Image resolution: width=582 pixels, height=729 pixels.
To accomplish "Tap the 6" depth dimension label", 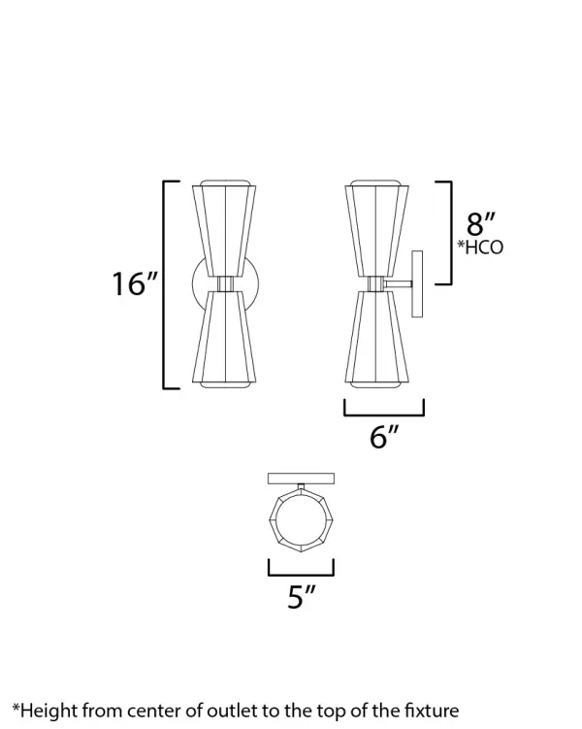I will (x=384, y=438).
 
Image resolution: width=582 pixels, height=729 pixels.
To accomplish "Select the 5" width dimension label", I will (x=302, y=597).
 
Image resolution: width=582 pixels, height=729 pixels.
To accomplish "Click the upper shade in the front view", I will (x=225, y=228).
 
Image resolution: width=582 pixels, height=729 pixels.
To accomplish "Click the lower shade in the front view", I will (x=225, y=339).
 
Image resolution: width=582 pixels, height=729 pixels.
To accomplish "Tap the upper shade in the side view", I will (x=375, y=228).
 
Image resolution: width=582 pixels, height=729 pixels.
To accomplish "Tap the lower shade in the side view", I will (x=375, y=339).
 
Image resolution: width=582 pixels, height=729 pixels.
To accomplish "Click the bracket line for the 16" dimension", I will (x=164, y=284).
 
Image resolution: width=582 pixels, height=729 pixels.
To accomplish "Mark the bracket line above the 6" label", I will (x=384, y=412).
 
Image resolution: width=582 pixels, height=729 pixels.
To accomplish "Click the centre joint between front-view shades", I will (x=225, y=283).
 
